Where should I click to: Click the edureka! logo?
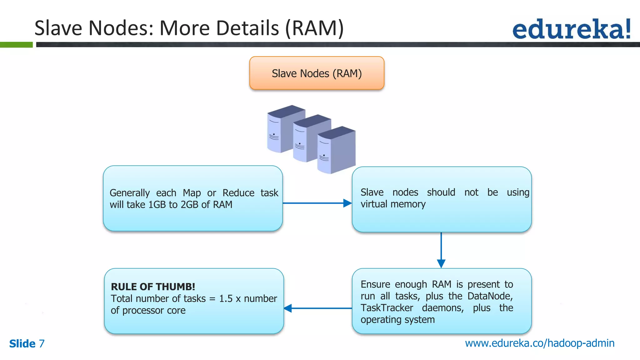pyautogui.click(x=571, y=29)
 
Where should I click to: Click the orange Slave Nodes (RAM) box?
pyautogui.click(x=317, y=73)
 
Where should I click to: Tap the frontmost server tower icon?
pyautogui.click(x=336, y=151)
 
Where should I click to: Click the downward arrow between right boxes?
pyautogui.click(x=441, y=250)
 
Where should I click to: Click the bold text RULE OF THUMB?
pyautogui.click(x=153, y=287)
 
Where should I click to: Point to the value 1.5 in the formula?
pyautogui.click(x=226, y=299)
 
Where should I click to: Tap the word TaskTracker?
pyautogui.click(x=387, y=308)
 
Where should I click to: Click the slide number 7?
pyautogui.click(x=42, y=343)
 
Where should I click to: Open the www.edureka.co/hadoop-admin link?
pyautogui.click(x=539, y=343)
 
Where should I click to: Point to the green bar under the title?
pyautogui.click(x=16, y=45)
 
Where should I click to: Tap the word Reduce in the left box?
pyautogui.click(x=238, y=193)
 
